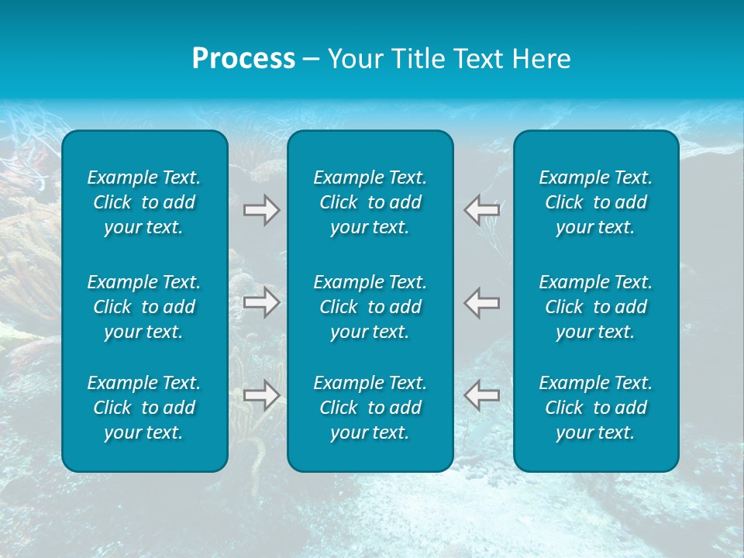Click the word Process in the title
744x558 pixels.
click(243, 59)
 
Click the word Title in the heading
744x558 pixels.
click(416, 59)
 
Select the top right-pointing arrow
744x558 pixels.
click(261, 210)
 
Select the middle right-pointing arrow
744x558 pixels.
click(261, 302)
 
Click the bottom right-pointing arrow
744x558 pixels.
click(261, 395)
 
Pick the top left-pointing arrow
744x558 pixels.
click(482, 210)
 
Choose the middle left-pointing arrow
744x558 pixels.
click(482, 302)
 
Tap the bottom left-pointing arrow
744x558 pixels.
click(482, 395)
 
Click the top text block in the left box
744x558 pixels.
click(144, 202)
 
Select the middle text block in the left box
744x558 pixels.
click(144, 307)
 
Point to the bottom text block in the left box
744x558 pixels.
click(144, 408)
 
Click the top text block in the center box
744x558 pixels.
click(370, 202)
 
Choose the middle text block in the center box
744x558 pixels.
click(370, 307)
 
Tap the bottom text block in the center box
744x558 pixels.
click(370, 408)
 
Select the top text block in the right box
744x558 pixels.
click(595, 202)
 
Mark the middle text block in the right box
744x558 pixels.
click(595, 307)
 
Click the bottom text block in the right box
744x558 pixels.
click(595, 408)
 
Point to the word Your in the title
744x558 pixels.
click(353, 59)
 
